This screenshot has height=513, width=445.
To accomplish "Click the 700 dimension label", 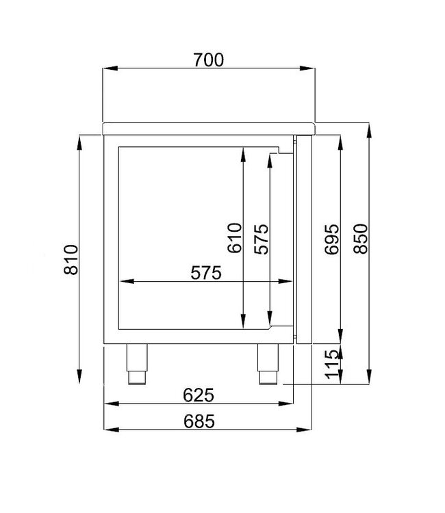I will pyautogui.click(x=207, y=60).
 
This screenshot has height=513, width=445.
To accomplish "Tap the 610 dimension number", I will pyautogui.click(x=234, y=238).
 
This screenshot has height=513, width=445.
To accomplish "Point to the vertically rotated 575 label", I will pyautogui.click(x=261, y=238).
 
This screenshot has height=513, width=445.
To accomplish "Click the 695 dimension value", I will pyautogui.click(x=331, y=238).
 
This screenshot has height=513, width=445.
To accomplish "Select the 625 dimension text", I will pyautogui.click(x=199, y=395).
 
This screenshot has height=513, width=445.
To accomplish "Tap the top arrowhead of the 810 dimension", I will pyautogui.click(x=80, y=142).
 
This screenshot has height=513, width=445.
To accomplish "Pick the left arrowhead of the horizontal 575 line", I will pyautogui.click(x=125, y=281).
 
